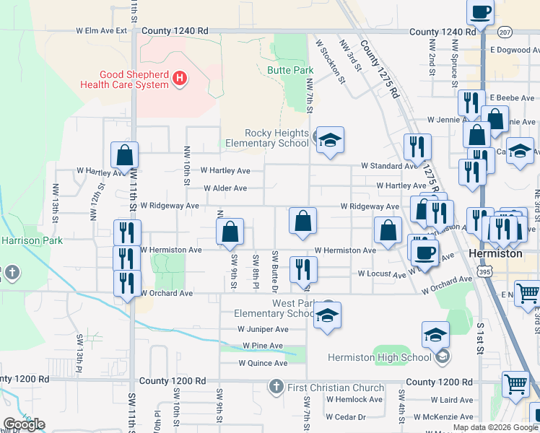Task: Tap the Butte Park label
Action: coord(290,70)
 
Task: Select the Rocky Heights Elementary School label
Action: coord(277,138)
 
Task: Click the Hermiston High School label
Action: coord(379,357)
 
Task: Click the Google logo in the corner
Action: coord(24,424)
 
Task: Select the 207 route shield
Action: coord(504,32)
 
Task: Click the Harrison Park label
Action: coord(32,240)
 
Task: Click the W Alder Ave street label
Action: coord(225,188)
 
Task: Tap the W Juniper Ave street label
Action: coord(263,328)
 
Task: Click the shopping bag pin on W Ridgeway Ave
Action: coord(303,221)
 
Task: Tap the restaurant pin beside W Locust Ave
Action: coord(303,269)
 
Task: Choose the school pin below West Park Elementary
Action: coord(327,316)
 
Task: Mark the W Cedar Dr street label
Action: coord(345,416)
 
